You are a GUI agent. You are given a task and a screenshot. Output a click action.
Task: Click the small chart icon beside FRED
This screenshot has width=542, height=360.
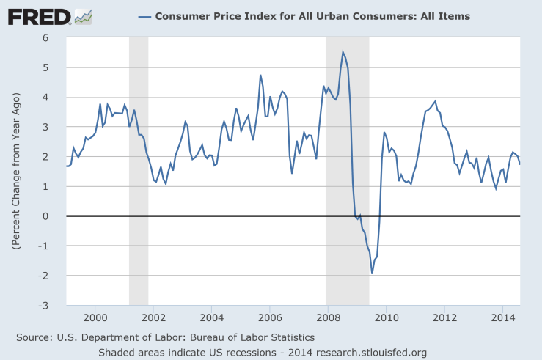point(84,16)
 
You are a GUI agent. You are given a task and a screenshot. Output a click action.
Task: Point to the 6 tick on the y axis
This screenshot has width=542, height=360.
point(56,37)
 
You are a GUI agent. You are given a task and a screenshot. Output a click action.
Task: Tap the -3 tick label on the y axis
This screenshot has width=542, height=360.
point(54,306)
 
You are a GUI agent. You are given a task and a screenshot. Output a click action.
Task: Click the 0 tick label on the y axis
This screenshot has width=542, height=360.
point(56,216)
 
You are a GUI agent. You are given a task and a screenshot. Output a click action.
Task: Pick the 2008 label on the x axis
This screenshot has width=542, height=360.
point(328,317)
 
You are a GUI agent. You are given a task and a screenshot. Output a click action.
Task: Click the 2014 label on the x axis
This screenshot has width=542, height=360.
point(502,317)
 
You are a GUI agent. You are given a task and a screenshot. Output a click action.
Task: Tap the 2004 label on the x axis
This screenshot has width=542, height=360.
point(211,317)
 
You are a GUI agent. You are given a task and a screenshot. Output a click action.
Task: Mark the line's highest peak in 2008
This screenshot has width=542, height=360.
point(343,51)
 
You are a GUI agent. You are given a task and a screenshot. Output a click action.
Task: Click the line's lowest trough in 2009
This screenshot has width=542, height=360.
point(372,273)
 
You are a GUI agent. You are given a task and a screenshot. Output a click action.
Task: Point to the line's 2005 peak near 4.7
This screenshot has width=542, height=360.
point(260,75)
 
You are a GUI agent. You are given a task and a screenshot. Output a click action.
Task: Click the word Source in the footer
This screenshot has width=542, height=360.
point(34,337)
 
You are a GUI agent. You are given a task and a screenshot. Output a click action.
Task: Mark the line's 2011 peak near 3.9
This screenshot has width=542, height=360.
point(435,101)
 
